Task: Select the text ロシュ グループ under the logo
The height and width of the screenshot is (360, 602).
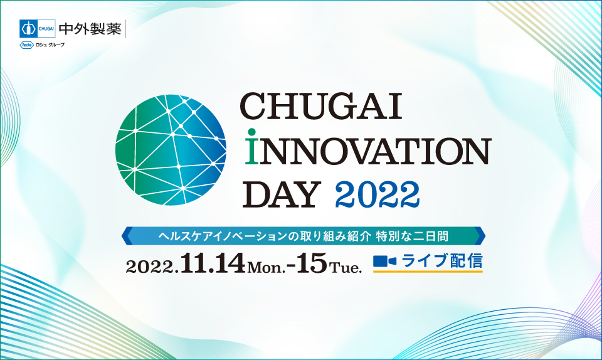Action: tap(50, 45)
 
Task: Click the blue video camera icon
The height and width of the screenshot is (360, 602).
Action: tap(384, 261)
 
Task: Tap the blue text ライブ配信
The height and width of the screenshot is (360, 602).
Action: tap(442, 260)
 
